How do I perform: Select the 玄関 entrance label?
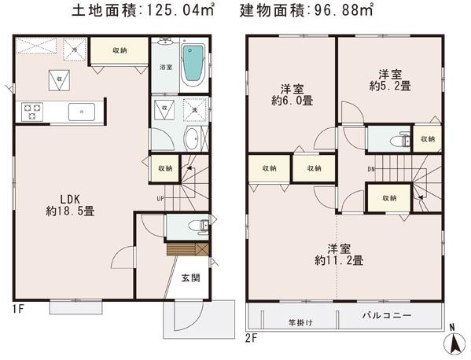pyautogui.click(x=190, y=277)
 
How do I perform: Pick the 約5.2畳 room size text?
pyautogui.click(x=390, y=86)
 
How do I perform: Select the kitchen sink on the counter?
pyautogui.click(x=82, y=112)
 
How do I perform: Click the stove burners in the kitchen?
pyautogui.click(x=33, y=112)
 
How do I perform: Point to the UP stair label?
pyautogui.click(x=160, y=198)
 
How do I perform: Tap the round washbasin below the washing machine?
pyautogui.click(x=191, y=140)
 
